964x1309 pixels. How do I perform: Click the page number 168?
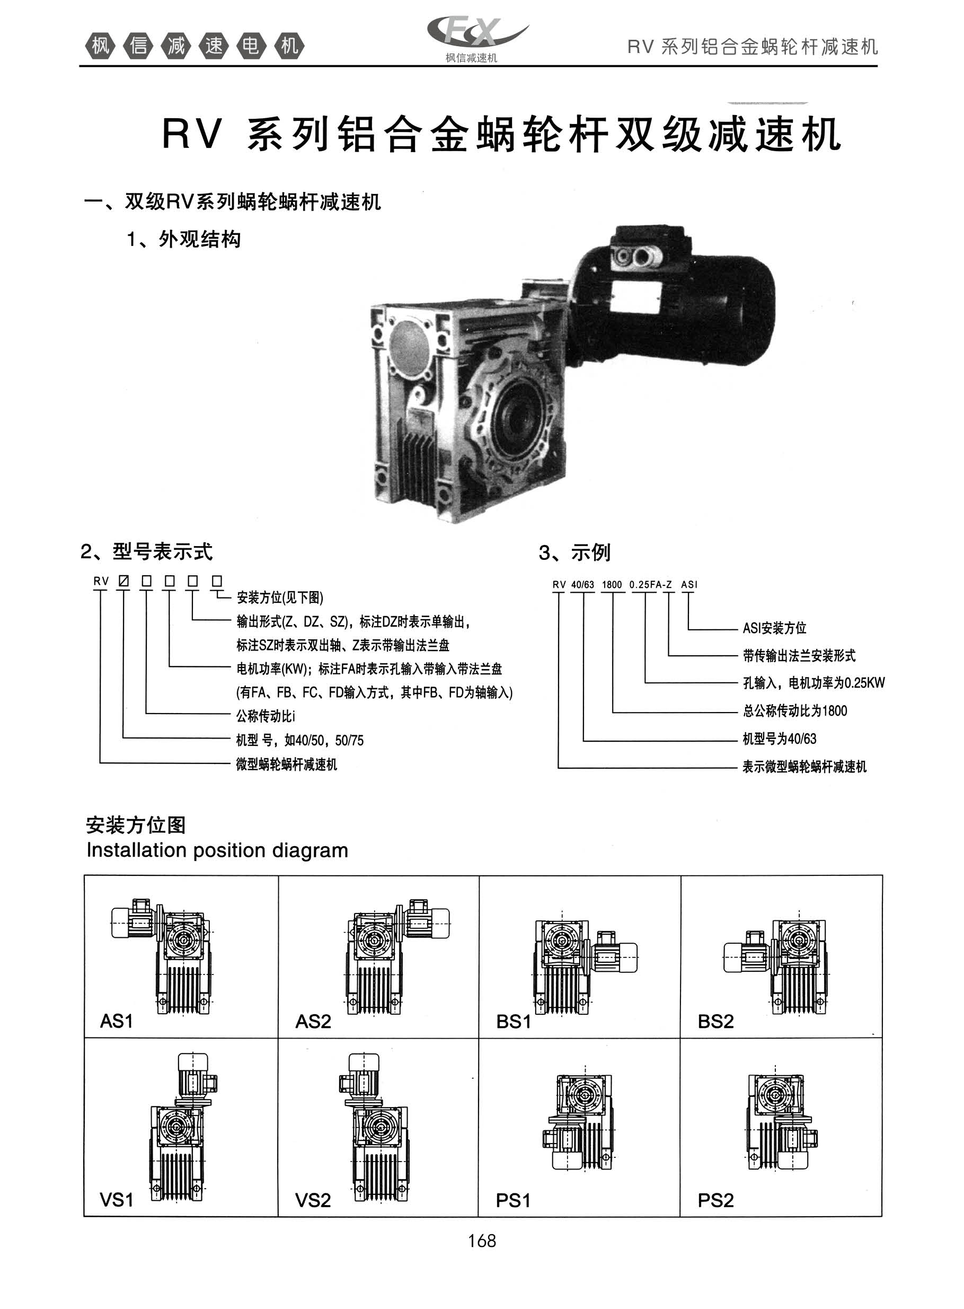pos(482,1241)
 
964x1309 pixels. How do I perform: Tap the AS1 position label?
pos(117,1021)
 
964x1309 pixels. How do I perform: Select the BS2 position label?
pos(715,1021)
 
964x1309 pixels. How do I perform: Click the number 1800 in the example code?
pos(612,584)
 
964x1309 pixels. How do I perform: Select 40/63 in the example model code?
pos(582,584)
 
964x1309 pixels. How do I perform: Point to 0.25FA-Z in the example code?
pos(651,584)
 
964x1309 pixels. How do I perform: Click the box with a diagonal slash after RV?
pos(123,581)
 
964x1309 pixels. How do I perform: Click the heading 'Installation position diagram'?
pos(217,850)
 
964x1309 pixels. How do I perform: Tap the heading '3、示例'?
pos(575,552)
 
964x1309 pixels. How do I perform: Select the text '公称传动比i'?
pos(266,716)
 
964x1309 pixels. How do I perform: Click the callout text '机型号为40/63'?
pos(780,739)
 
